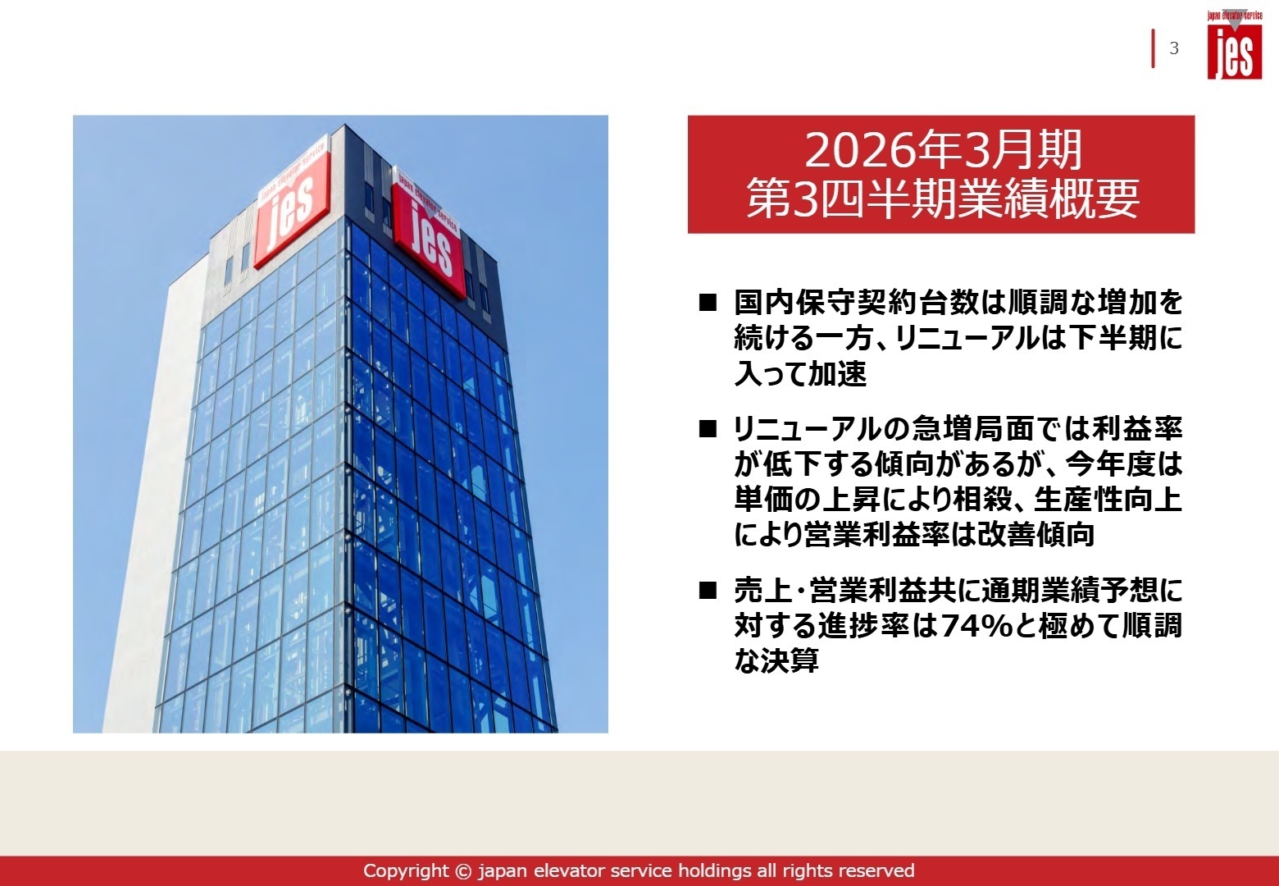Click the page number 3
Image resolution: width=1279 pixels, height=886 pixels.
pos(1174,48)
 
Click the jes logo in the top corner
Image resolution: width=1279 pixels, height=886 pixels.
pos(1234,45)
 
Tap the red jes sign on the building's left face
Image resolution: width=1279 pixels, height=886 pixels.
pos(291,205)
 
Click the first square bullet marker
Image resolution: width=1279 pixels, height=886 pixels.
pos(708,303)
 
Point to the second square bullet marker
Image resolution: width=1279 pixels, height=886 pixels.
pos(708,429)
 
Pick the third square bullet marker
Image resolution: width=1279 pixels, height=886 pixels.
pos(708,591)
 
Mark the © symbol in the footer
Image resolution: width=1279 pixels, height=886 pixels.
pos(464,870)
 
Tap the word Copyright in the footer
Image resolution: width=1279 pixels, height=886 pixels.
pos(406,870)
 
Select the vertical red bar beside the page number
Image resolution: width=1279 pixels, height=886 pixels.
pos(1154,48)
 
